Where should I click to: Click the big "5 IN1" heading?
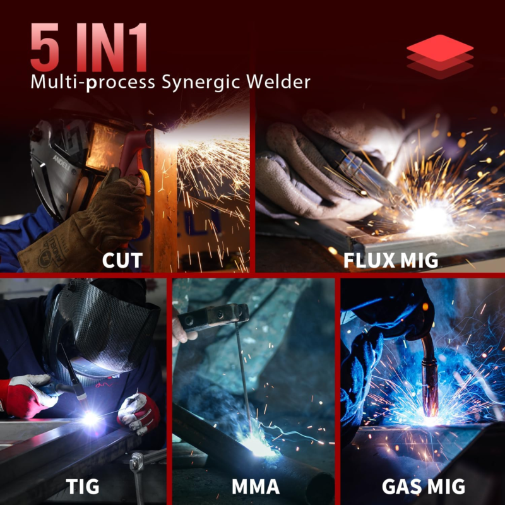[x=89, y=47]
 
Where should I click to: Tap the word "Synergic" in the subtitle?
[x=201, y=83]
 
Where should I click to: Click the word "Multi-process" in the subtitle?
[x=93, y=83]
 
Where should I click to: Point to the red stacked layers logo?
[x=440, y=57]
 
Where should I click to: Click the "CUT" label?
[x=122, y=260]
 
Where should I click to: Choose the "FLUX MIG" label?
[x=391, y=260]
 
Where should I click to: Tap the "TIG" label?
[x=83, y=486]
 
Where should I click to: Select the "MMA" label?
[x=256, y=486]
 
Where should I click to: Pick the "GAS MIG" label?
[x=424, y=486]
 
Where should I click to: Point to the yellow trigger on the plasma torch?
[x=146, y=182]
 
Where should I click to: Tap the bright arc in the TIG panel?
[x=90, y=419]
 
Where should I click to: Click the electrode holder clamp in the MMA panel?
[x=213, y=317]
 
